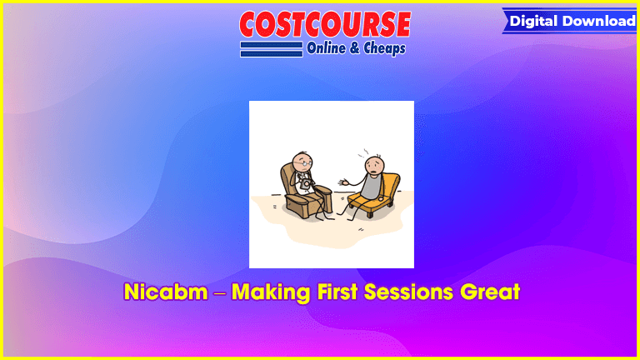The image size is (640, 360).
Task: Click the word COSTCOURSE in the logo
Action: (x=325, y=24)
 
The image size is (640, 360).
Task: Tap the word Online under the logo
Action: (x=326, y=48)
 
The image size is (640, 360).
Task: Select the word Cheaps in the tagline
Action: (x=384, y=49)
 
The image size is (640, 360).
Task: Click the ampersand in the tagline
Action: (x=355, y=48)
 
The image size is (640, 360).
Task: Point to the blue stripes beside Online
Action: (x=272, y=49)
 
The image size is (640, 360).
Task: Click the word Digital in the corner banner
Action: (x=533, y=21)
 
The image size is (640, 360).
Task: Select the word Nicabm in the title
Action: (x=166, y=292)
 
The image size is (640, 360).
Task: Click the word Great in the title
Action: (x=490, y=292)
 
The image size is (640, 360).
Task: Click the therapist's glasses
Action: (x=303, y=163)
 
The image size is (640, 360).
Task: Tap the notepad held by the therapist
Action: (x=305, y=185)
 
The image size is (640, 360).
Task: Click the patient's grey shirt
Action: (x=372, y=186)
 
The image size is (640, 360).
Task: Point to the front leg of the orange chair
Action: (x=371, y=214)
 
